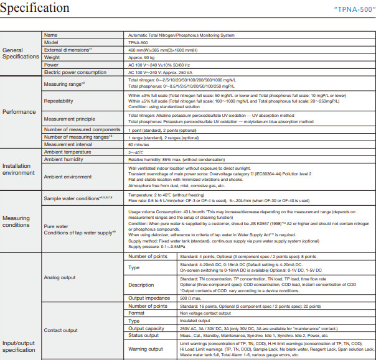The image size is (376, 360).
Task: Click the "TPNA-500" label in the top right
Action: [350, 10]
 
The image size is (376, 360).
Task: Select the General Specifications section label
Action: [21, 53]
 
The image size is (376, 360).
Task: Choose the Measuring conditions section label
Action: [16, 222]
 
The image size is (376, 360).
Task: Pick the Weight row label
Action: [52, 57]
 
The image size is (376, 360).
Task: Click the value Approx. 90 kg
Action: [144, 57]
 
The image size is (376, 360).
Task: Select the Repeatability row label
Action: [59, 101]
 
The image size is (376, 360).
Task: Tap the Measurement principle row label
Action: [69, 119]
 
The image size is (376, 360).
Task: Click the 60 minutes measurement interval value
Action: [140, 144]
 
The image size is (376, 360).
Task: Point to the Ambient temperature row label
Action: [67, 152]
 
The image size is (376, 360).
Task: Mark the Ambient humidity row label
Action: [65, 159]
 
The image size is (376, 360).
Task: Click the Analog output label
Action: [61, 277]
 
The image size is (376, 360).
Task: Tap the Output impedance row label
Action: [150, 298]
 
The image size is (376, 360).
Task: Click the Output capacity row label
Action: [146, 328]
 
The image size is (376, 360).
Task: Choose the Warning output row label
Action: [146, 349]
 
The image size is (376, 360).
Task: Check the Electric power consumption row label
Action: [77, 72]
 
